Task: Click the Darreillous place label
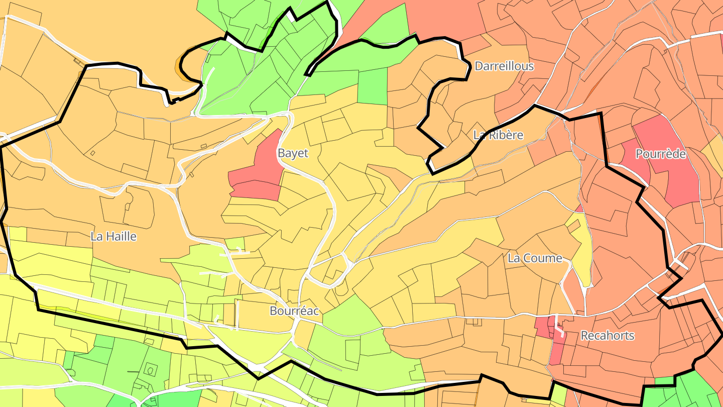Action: (x=504, y=66)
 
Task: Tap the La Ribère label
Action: (x=498, y=135)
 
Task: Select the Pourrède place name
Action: (x=660, y=154)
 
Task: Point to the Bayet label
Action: (x=293, y=153)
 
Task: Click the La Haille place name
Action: (x=113, y=236)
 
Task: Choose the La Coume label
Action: (x=535, y=258)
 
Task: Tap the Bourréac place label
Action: (x=294, y=311)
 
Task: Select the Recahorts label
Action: (x=608, y=336)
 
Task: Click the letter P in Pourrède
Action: (x=639, y=154)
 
